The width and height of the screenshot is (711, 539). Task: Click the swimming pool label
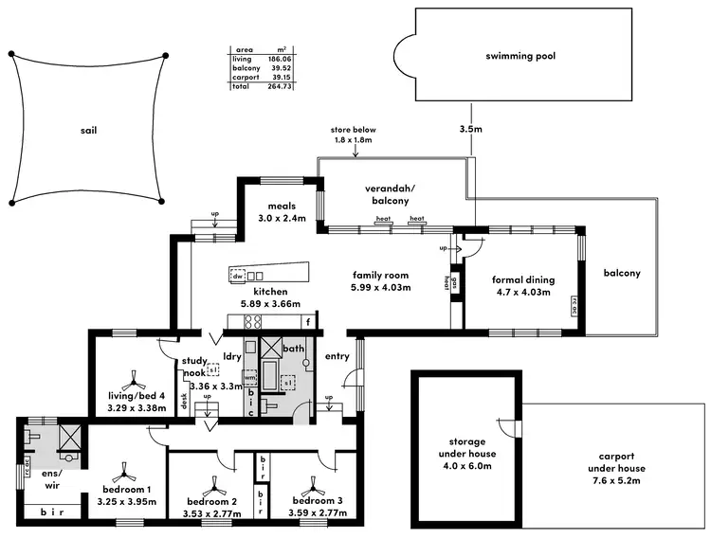pyautogui.click(x=520, y=56)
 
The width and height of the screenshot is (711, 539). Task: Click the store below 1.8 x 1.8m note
pyautogui.click(x=353, y=135)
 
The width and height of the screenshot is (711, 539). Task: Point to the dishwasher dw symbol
pyautogui.click(x=237, y=275)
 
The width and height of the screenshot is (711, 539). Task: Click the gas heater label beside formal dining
pyautogui.click(x=454, y=281)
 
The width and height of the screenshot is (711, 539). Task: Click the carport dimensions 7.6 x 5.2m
pyautogui.click(x=616, y=480)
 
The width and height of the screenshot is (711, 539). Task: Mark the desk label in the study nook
pyautogui.click(x=184, y=401)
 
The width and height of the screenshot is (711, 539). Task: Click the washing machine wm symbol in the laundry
pyautogui.click(x=249, y=376)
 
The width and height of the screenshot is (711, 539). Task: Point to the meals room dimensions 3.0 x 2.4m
pyautogui.click(x=282, y=218)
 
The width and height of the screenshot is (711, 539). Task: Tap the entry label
pyautogui.click(x=337, y=356)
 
